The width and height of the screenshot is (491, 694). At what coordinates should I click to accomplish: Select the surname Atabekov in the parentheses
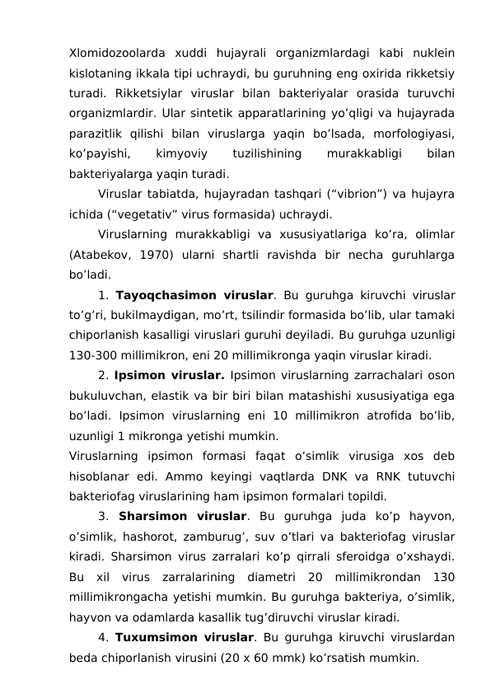(x=105, y=256)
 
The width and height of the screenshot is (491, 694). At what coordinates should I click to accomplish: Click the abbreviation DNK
(x=332, y=476)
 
